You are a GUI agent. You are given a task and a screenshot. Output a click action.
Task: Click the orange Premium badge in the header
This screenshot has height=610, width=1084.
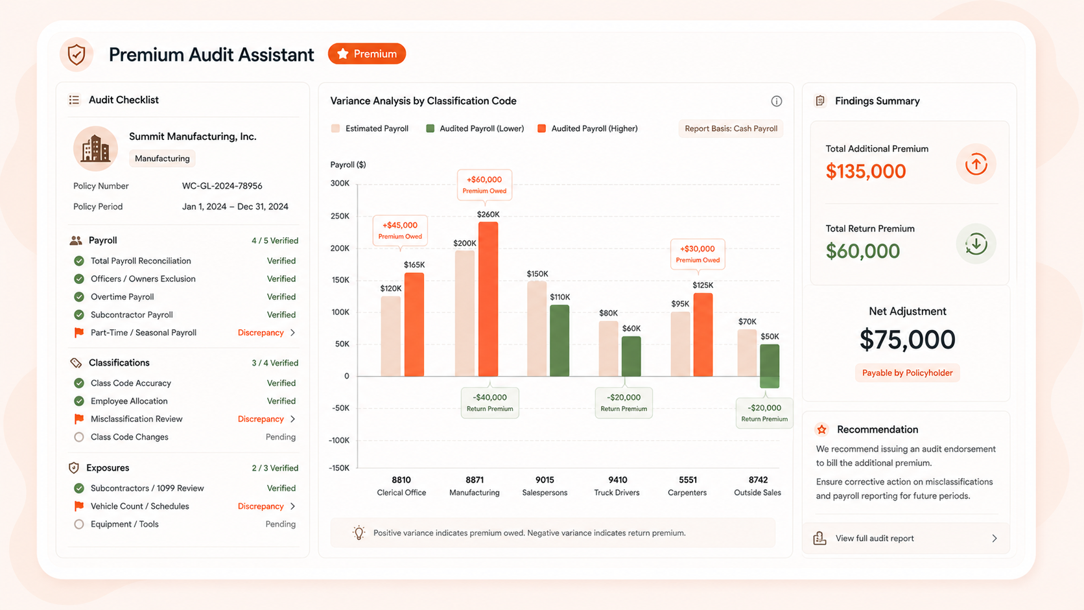(x=367, y=54)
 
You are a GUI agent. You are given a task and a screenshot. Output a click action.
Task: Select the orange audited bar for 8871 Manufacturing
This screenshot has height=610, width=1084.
(x=488, y=299)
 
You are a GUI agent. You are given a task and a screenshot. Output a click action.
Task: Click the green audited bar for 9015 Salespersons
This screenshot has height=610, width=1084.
(x=560, y=340)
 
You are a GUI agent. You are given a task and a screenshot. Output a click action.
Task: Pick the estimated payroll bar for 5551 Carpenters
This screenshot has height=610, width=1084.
(x=680, y=344)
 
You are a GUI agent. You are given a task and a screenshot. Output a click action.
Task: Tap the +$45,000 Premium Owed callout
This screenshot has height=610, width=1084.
(x=400, y=230)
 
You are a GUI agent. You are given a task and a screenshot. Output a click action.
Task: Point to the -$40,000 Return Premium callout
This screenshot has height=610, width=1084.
(x=489, y=403)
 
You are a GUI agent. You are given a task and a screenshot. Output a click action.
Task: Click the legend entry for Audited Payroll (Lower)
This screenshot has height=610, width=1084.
(x=475, y=128)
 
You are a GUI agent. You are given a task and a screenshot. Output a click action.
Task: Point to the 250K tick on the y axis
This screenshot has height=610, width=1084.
(x=340, y=216)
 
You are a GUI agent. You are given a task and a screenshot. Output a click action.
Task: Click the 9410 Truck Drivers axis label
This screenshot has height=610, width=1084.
(x=617, y=486)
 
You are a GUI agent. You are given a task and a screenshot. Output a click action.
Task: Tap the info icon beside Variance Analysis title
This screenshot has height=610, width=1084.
(x=776, y=101)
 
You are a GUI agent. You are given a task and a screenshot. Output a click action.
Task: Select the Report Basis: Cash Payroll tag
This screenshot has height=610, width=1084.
(x=731, y=128)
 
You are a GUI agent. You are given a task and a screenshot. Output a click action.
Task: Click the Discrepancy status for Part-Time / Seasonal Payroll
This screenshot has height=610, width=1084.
(x=261, y=333)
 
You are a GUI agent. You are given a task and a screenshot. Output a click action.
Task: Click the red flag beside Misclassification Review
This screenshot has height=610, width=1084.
(x=79, y=419)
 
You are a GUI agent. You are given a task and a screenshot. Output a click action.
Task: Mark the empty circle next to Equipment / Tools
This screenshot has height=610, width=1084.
(x=79, y=524)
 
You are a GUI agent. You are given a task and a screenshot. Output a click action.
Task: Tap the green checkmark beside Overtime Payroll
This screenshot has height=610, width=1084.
(x=79, y=297)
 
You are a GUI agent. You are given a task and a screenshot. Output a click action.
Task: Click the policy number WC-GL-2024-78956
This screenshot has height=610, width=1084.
(x=222, y=186)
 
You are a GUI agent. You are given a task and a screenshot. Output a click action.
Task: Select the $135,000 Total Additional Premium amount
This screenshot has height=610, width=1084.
(x=866, y=171)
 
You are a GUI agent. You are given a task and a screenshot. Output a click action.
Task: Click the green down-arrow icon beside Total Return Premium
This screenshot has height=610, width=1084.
(x=976, y=244)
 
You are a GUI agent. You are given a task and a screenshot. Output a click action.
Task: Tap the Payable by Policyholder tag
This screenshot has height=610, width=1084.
(x=908, y=373)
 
